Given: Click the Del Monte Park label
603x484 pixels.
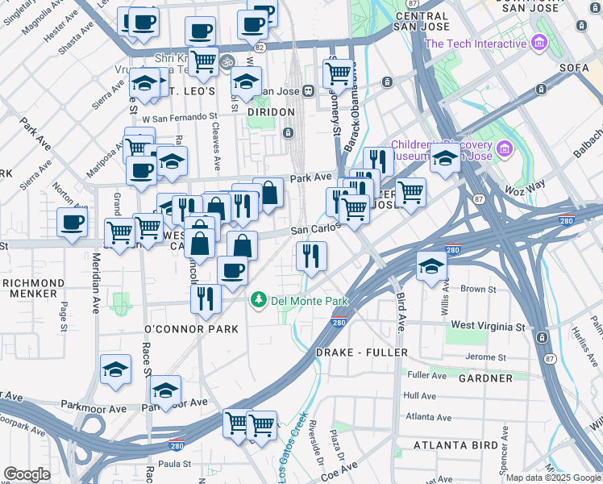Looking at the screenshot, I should coord(310,301).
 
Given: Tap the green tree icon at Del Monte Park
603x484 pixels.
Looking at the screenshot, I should coord(259,300).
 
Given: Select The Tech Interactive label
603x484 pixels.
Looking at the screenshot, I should coord(475,44).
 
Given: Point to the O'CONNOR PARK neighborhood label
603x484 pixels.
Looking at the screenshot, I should coord(191,329).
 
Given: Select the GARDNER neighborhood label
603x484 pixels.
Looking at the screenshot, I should coord(485,378).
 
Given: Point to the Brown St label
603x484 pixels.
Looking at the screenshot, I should coord(478,288).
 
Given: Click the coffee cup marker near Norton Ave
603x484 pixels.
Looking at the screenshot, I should coord(72,223).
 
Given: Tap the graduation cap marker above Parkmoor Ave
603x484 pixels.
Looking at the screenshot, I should coord(166,391).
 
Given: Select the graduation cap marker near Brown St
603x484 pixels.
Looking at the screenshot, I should coord(432,265).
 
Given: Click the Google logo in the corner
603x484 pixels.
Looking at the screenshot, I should coord(27,474).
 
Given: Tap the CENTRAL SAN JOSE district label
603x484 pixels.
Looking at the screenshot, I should coord(422,21).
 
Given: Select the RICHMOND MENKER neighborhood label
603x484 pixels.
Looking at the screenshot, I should coord(32,289).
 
